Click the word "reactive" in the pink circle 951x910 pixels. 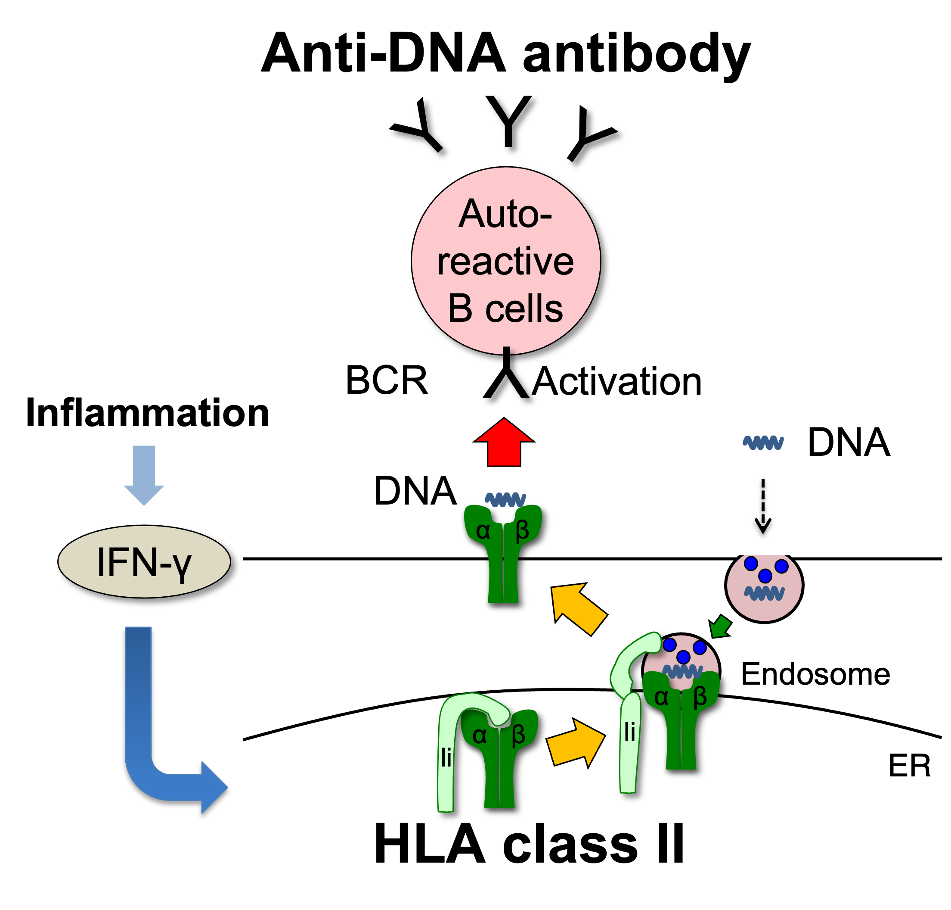505,262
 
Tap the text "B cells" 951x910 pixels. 505,309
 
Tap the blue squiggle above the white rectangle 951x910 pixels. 763,443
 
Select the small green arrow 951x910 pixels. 721,626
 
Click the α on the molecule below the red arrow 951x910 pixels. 483,531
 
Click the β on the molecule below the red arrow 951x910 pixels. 522,531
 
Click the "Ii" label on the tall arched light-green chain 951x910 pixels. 446,757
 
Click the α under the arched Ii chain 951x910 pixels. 480,736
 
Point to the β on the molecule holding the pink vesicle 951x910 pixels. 700,698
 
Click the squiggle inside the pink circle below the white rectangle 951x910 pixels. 765,593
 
